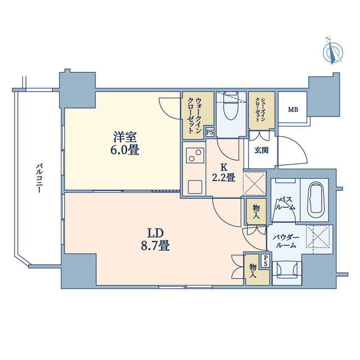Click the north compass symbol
point(332,52)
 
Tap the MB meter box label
point(293,110)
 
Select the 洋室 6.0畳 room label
point(125,144)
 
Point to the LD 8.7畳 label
point(155,240)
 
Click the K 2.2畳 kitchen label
point(223,173)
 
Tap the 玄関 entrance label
point(261,150)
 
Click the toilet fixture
point(231,106)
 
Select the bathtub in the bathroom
point(315,200)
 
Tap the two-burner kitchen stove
point(195,155)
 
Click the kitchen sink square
point(195,187)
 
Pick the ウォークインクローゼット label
point(195,116)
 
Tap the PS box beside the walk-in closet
point(210,132)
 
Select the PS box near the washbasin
point(265,262)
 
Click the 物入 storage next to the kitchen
point(256,211)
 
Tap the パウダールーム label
point(286,241)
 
